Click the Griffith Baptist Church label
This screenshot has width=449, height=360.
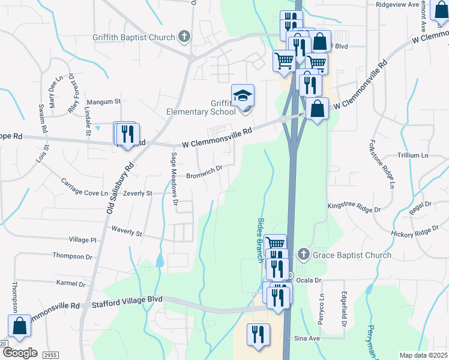pos(133,37)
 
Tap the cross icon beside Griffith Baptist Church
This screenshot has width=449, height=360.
pos(184,37)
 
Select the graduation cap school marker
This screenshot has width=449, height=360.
pos(243,96)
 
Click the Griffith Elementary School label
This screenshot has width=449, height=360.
pos(201,107)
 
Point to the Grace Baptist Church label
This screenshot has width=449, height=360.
pos(352,255)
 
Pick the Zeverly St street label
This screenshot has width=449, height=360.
pos(138,194)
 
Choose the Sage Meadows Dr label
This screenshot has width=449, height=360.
pos(175,178)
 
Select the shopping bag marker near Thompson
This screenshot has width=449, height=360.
pos(20,326)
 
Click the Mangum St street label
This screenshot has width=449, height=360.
pos(103,102)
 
